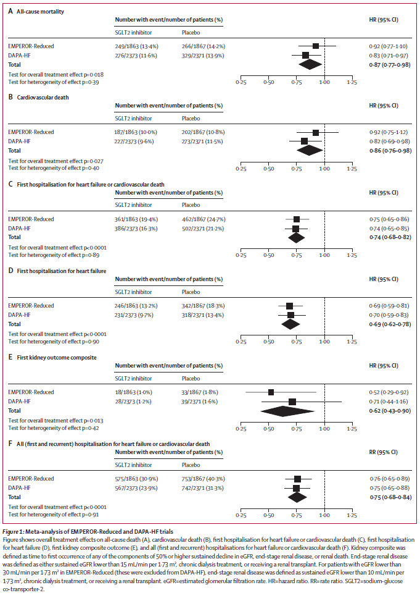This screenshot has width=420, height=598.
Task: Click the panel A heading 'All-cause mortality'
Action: click(41, 12)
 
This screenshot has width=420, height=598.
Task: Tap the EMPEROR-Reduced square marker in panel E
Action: click(271, 392)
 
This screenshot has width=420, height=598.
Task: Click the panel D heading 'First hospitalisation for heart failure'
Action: click(62, 271)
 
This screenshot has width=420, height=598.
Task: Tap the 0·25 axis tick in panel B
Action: click(241, 168)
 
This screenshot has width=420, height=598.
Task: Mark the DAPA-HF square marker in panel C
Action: click(296, 228)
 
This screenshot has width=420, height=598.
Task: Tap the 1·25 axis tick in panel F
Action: click(352, 514)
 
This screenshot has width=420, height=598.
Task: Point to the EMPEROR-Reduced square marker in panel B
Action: click(315, 132)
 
